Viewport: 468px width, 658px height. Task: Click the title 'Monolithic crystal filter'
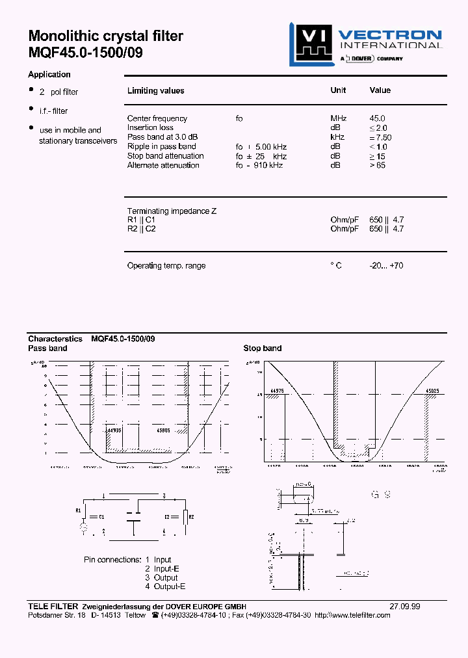[x=106, y=36]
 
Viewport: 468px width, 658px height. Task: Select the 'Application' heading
[x=49, y=74]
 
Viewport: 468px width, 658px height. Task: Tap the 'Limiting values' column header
[x=155, y=91]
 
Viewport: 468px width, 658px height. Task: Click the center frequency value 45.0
[x=378, y=118]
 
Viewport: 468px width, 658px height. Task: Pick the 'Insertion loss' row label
[x=150, y=127]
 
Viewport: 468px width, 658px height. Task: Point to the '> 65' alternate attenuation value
[x=379, y=165]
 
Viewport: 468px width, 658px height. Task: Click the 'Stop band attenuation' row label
[x=165, y=156]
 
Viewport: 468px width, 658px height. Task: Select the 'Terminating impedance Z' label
[x=172, y=211]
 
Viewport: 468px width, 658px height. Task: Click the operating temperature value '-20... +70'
[x=386, y=265]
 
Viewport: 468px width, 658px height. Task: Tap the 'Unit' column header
[x=338, y=90]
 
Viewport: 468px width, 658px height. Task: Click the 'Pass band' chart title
[x=47, y=349]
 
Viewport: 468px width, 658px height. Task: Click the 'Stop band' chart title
[x=263, y=349]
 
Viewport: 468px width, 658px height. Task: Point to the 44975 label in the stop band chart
[x=277, y=391]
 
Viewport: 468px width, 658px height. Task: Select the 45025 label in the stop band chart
[x=432, y=391]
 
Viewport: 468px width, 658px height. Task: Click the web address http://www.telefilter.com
[x=353, y=615]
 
